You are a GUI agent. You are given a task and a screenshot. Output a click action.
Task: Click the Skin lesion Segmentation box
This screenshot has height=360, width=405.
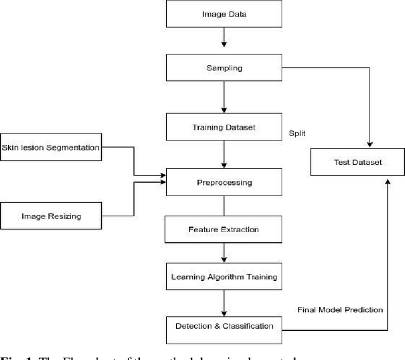pyautogui.click(x=51, y=147)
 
